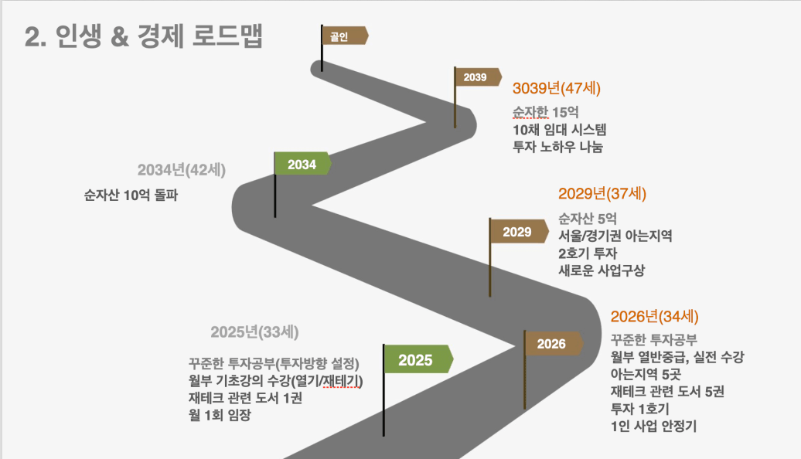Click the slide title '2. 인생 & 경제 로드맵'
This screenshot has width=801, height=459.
(x=144, y=37)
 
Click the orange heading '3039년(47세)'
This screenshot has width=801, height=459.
(x=557, y=88)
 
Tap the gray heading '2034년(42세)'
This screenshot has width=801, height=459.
(x=182, y=170)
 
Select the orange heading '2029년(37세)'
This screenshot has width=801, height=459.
(x=602, y=193)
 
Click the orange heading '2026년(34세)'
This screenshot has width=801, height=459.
(x=654, y=317)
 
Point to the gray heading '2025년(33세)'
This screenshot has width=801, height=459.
(x=254, y=332)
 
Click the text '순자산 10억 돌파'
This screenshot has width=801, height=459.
(x=131, y=195)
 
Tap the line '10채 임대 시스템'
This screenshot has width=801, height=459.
(x=559, y=130)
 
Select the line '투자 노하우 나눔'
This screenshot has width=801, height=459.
(x=558, y=147)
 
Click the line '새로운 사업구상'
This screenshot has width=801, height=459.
(x=602, y=270)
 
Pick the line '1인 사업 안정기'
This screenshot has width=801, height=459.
(x=653, y=426)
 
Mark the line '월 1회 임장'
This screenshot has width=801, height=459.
(x=220, y=415)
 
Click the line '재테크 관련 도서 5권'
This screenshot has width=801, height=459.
(x=667, y=392)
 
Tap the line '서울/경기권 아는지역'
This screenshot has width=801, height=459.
(x=615, y=236)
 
